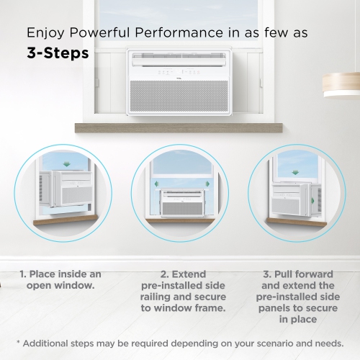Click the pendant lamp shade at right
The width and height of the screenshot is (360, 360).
click(341, 84)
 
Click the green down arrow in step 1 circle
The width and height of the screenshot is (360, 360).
click(67, 163)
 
